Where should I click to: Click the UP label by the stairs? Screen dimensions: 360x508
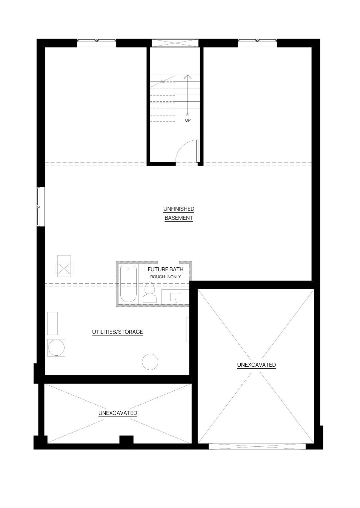tap(188, 120)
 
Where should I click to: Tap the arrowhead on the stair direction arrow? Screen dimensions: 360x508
tap(187, 77)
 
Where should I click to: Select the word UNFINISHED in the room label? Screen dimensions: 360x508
tap(179, 209)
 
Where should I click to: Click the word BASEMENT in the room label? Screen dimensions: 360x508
tap(179, 218)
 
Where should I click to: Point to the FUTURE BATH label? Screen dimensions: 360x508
tap(166, 269)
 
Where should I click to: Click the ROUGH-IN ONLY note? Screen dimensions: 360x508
tap(166, 277)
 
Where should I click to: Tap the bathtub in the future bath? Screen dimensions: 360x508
tap(128, 284)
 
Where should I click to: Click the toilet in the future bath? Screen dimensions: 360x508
tap(150, 292)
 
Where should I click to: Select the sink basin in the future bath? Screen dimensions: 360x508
tap(176, 297)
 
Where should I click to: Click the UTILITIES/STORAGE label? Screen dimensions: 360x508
tap(117, 332)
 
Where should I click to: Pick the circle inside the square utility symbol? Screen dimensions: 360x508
tap(56, 348)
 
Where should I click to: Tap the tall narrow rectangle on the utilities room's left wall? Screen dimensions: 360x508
tap(53, 323)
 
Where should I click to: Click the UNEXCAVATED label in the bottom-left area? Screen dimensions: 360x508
tap(118, 413)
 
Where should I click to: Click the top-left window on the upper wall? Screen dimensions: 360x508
tap(97, 43)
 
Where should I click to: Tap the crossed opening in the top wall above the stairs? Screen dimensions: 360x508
tap(175, 43)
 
